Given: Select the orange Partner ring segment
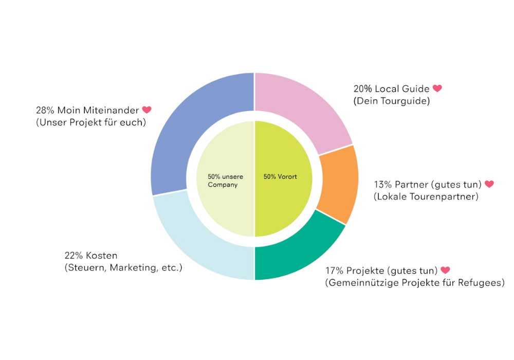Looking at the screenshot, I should click(337, 184).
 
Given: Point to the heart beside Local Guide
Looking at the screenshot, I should click(437, 88).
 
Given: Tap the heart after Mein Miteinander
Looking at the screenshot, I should click(147, 110).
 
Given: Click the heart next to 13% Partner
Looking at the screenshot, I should click(489, 184).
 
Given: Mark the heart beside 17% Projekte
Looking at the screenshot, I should click(445, 270).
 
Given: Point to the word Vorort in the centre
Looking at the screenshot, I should click(287, 176).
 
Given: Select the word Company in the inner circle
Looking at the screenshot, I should click(223, 184).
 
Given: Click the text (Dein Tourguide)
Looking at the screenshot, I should click(391, 101).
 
